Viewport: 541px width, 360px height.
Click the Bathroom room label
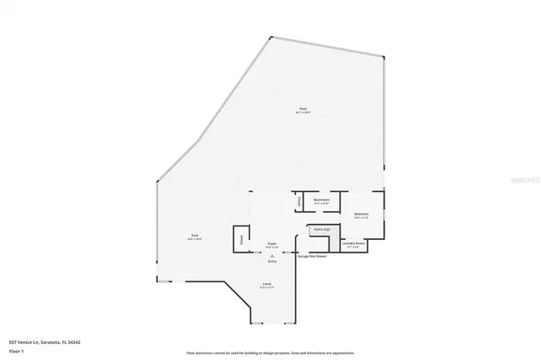tap(321, 199)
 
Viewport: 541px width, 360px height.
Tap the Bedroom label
tap(361, 214)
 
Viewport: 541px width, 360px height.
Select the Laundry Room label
tap(353, 243)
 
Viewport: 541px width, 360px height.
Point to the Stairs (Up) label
tap(320, 228)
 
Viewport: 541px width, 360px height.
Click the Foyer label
tap(272, 243)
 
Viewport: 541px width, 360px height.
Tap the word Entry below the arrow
tap(272, 261)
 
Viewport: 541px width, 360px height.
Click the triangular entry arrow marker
tap(272, 255)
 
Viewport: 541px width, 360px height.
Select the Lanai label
tap(266, 284)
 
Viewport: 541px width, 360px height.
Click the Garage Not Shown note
tap(312, 255)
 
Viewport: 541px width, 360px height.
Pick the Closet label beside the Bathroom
tap(299, 201)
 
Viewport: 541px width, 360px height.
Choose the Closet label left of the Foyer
tap(242, 239)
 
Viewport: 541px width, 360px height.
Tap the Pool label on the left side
tap(194, 235)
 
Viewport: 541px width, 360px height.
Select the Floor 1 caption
tap(16, 350)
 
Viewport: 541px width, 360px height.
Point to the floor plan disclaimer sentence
tap(270, 352)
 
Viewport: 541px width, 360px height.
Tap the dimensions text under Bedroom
tap(361, 218)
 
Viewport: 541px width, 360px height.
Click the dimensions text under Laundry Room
tap(353, 247)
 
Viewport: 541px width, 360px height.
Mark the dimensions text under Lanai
tap(266, 288)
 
